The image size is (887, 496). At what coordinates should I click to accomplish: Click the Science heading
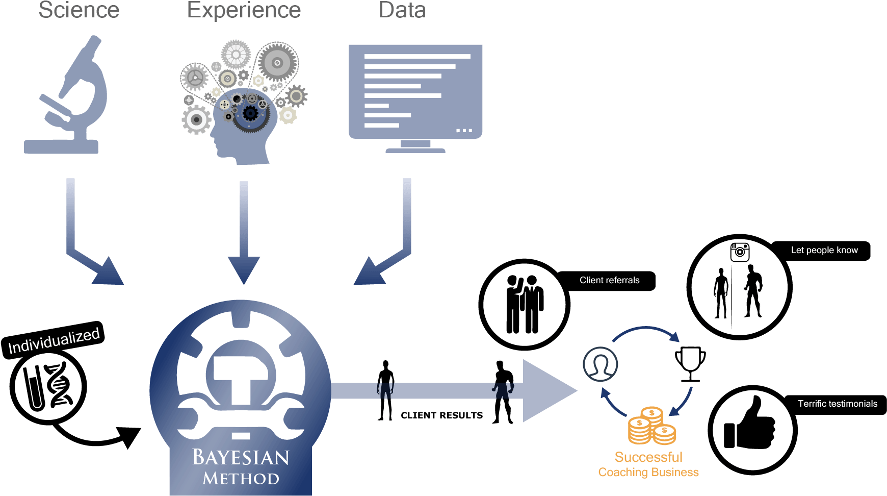pos(79,10)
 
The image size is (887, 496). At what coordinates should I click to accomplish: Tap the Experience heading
pos(244,10)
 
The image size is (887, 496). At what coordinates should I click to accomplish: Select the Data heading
pos(402,10)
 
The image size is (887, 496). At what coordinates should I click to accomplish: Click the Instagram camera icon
pos(740,252)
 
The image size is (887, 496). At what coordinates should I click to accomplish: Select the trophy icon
pos(690,364)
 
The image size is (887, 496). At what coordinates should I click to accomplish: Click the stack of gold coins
pos(651,426)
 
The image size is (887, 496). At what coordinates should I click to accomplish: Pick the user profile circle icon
pos(601,364)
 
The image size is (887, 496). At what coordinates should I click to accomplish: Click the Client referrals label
pos(609,280)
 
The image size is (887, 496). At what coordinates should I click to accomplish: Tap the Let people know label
pos(824,251)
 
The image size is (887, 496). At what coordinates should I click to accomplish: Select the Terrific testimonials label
pos(838,404)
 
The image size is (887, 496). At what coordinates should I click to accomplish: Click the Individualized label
pos(54,340)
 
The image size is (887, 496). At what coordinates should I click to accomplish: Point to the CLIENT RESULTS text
pos(442,415)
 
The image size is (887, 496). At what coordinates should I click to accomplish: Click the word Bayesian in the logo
pos(241,457)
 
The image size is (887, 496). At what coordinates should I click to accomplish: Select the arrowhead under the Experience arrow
pos(244,270)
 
